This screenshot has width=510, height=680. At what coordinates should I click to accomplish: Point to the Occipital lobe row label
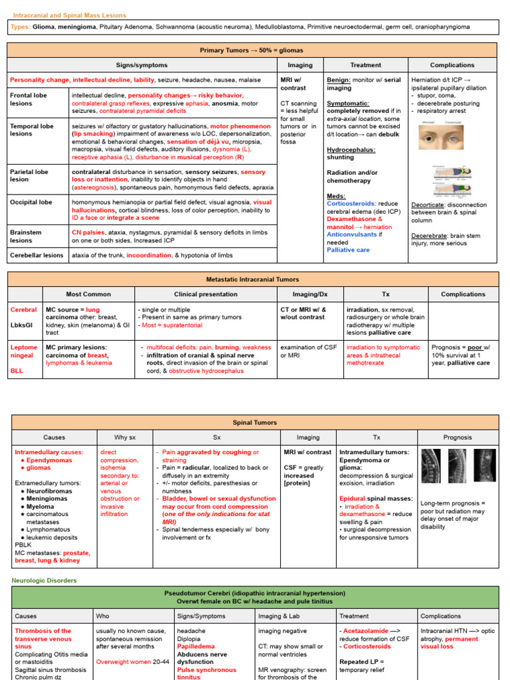coord(31,202)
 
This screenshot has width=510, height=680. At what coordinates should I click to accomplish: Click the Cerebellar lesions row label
coord(37,255)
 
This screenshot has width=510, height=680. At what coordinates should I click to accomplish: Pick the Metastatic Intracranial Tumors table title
coord(252,280)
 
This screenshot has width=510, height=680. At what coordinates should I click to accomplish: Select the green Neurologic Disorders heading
coord(44,580)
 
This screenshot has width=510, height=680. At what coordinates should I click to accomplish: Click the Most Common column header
coord(88,294)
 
